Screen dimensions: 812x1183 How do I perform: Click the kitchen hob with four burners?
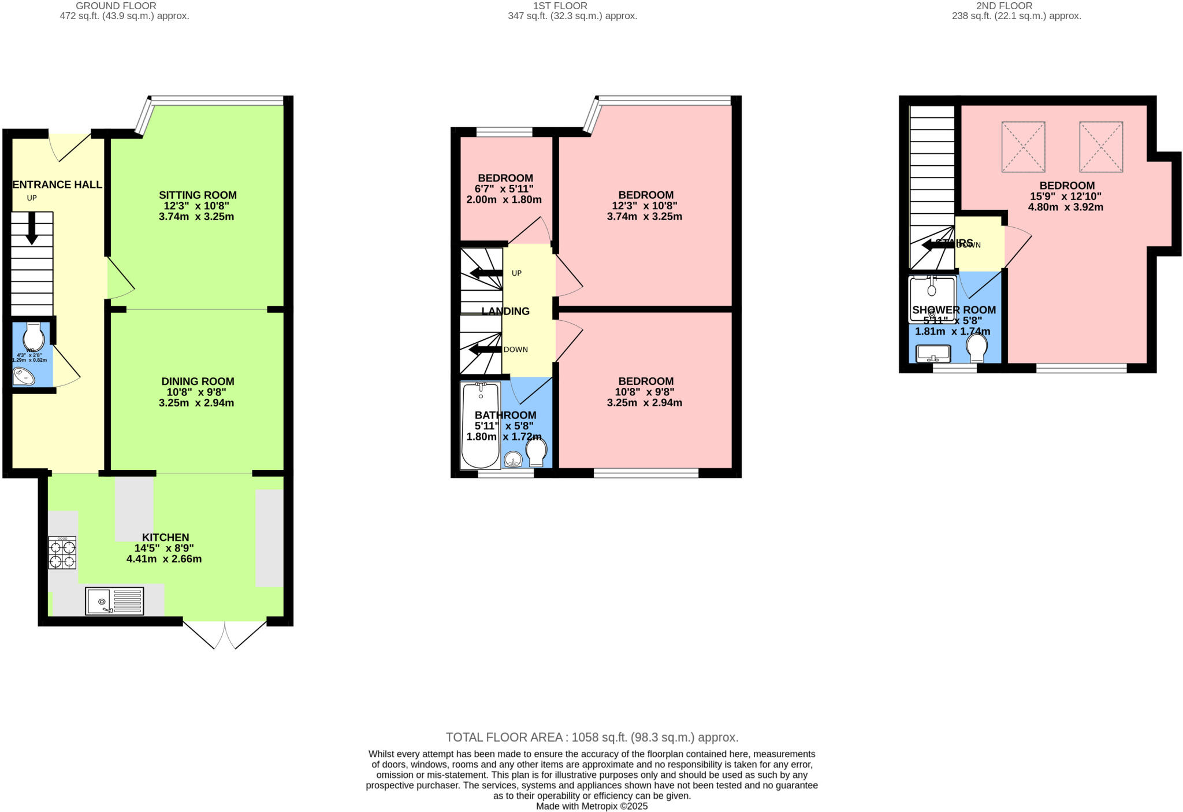tap(62, 553)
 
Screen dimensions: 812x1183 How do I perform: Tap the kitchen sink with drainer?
tap(114, 601)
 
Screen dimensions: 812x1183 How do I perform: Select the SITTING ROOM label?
tap(198, 195)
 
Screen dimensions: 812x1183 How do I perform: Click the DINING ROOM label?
tap(198, 381)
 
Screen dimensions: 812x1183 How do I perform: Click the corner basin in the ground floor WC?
tap(24, 376)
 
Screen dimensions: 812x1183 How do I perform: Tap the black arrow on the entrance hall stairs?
tap(32, 228)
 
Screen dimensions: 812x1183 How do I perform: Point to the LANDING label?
tap(505, 312)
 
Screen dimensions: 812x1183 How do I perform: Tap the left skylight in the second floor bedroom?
tap(1023, 147)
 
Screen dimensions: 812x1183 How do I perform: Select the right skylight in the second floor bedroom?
tap(1101, 147)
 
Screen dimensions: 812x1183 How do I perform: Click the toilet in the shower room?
tap(977, 347)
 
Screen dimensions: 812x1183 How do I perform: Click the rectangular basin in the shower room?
tap(933, 353)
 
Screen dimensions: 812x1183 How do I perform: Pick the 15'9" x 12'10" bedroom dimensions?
tap(1066, 196)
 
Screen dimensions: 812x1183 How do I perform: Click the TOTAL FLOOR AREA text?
tap(591, 737)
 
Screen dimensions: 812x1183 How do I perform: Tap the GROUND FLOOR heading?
tap(116, 6)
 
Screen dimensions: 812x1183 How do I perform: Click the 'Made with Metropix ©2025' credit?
tap(591, 806)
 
